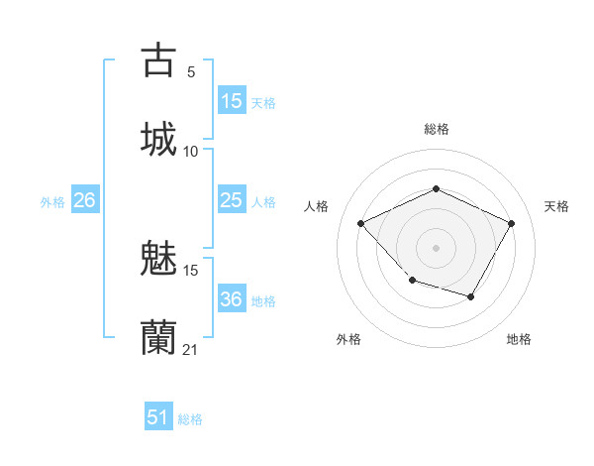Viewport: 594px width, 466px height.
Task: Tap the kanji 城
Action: point(159,138)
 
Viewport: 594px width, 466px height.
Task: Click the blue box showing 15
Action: point(232,101)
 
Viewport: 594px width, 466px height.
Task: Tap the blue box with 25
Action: point(232,200)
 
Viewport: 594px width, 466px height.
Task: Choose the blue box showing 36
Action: point(232,299)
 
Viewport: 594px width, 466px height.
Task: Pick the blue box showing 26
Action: point(84,200)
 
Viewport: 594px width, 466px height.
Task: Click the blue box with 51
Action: point(158,417)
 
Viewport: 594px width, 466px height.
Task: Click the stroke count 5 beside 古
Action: point(191,72)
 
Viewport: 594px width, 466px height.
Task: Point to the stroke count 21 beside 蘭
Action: point(191,349)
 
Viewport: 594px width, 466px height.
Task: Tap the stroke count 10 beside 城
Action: point(191,151)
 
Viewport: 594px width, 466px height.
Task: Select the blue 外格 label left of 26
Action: point(52,201)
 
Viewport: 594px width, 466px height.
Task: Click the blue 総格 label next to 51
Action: point(190,419)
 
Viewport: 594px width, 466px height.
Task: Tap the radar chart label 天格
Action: point(556,206)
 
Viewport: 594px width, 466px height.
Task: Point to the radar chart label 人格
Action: point(317,206)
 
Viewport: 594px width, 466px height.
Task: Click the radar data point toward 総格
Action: point(436,188)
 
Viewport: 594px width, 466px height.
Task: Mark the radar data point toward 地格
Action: point(471,296)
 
